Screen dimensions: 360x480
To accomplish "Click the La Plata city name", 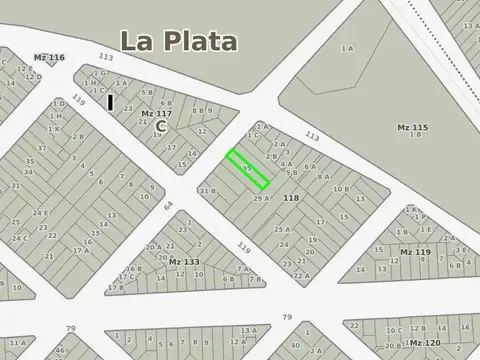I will coord(179,41).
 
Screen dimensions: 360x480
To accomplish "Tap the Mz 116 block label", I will coord(49,58).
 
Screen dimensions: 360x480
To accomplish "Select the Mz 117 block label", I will coord(154,114).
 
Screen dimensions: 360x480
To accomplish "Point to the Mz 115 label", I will coord(412,127).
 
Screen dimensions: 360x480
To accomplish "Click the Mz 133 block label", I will coord(184,262).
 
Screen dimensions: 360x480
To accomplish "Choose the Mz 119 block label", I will coord(415,251).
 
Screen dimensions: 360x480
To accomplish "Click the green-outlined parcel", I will coord(247,169).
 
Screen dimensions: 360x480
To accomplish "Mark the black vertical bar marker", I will coord(111,102).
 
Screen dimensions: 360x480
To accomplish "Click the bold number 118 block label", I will coord(291,199).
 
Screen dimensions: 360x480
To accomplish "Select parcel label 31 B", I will coord(207,191).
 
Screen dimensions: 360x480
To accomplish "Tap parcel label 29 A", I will coord(262,199).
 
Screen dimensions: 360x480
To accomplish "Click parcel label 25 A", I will coord(282,229).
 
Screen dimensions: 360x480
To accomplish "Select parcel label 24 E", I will coord(41,212).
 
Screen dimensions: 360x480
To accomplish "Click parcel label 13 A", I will coord(247,330).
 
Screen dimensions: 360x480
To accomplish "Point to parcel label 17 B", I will coord(116,287).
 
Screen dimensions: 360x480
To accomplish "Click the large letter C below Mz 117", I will coord(160,127).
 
